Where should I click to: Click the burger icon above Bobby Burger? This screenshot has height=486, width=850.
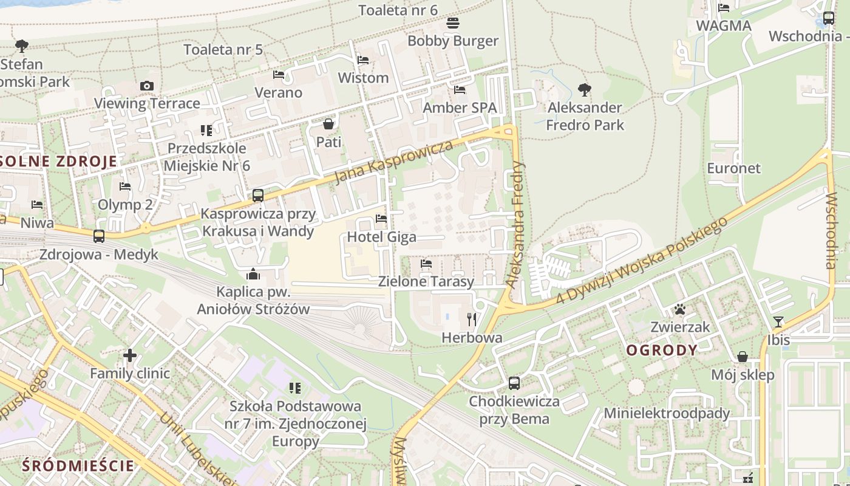click(453, 24)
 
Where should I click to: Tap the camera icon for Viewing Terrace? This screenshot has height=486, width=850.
click(147, 86)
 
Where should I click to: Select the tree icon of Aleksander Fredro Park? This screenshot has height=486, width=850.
click(585, 91)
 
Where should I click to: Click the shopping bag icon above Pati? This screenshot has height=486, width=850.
click(328, 125)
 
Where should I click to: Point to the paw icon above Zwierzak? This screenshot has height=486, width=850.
click(680, 310)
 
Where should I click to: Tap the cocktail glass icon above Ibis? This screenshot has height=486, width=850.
click(778, 322)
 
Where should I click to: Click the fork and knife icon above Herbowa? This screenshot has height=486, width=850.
click(472, 320)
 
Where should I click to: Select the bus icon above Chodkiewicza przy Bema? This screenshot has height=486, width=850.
click(514, 383)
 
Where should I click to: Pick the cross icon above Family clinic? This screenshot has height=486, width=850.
click(130, 355)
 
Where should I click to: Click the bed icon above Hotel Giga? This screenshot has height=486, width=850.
click(381, 219)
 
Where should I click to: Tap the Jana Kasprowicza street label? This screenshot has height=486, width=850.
click(394, 162)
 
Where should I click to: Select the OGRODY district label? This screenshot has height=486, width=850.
click(661, 350)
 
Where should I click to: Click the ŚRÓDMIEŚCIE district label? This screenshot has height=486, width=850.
click(78, 466)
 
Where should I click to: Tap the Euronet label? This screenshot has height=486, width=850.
click(733, 168)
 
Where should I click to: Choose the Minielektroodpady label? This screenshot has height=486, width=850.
click(667, 414)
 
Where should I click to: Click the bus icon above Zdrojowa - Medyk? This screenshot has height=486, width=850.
click(99, 236)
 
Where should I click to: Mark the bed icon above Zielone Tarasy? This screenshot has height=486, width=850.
click(426, 264)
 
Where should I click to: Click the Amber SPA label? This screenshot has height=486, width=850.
click(460, 108)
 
